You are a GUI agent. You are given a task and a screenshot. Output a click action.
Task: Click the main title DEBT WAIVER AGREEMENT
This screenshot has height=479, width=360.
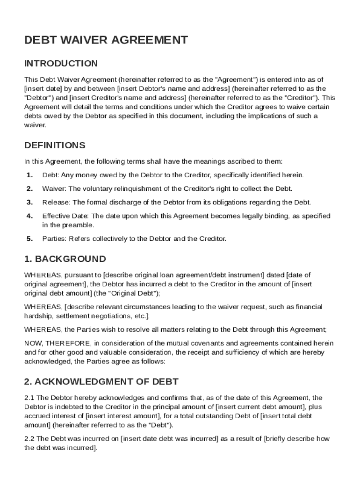coord(106,40)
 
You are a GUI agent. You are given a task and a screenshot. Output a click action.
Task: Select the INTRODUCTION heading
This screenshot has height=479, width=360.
coord(61,64)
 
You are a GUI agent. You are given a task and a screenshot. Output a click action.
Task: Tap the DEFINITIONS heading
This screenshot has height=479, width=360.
coord(55,145)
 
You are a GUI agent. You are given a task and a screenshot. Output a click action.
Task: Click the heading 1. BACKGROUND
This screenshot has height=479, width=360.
coord(65,259)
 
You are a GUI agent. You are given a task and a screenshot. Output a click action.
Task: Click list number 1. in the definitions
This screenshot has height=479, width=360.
coord(29,175)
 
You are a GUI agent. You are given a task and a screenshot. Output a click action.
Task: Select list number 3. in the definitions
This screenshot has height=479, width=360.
coord(29,203)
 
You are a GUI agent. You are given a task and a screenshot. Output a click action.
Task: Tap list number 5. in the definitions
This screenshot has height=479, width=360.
coord(29,239)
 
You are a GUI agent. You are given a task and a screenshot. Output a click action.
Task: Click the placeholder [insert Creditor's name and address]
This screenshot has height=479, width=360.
coord(128,98)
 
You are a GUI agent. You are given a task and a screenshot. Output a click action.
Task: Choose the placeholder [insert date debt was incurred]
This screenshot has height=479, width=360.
coord(169,439)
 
